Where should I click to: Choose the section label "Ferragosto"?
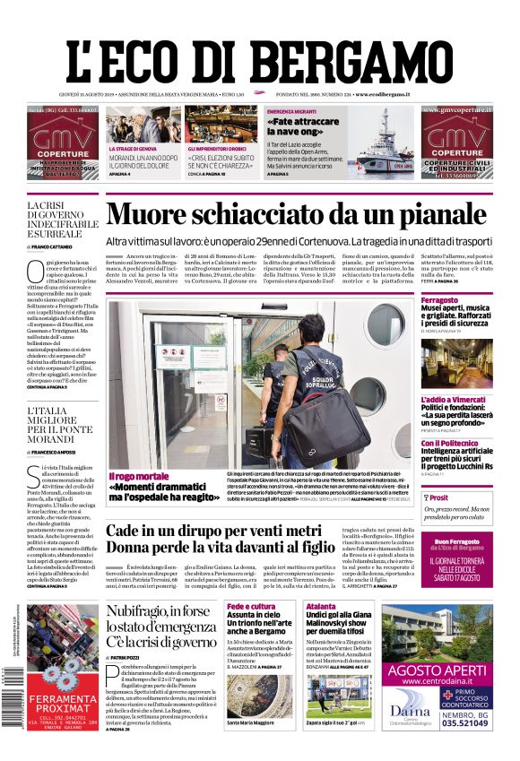pos(439,299)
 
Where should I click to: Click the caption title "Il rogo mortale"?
pos(138,476)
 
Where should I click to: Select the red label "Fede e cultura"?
pos(250,607)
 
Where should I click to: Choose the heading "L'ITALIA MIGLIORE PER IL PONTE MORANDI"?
pos(62,426)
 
